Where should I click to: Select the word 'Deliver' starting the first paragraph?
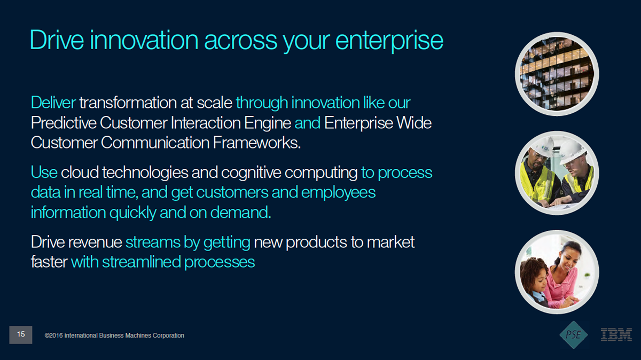click(53, 103)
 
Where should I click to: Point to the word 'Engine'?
click(267, 123)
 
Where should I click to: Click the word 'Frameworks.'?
click(257, 143)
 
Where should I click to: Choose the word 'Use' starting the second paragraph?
click(44, 173)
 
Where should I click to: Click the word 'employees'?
click(338, 193)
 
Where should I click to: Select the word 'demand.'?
click(240, 213)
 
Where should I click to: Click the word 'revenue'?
click(95, 242)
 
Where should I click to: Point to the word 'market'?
click(390, 242)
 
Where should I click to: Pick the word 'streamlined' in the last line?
click(142, 262)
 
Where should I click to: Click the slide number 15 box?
click(21, 334)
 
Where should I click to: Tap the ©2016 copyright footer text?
click(114, 335)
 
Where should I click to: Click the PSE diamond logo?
click(574, 334)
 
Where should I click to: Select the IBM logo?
click(616, 334)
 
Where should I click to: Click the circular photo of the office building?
click(557, 74)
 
